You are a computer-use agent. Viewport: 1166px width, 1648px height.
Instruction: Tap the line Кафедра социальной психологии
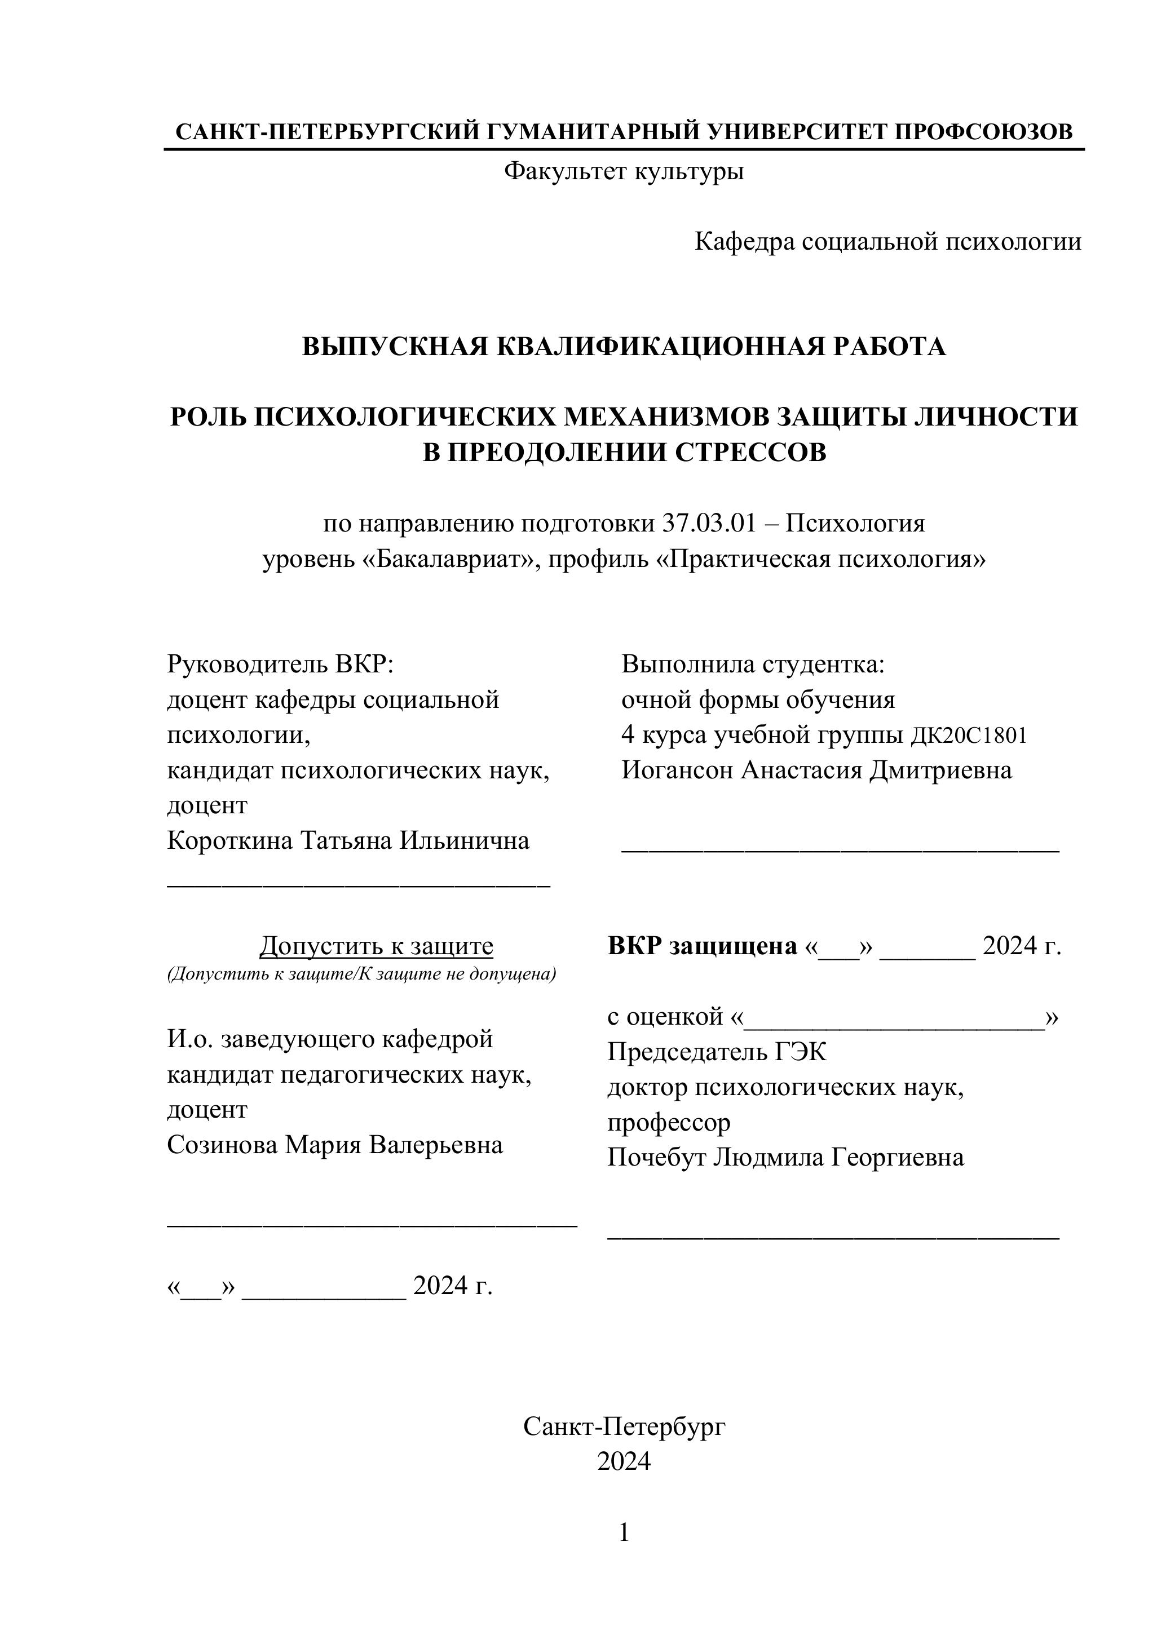(x=887, y=242)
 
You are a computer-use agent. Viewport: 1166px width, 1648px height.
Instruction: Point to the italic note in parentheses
(x=361, y=974)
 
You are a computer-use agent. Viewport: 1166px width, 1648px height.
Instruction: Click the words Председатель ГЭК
(x=717, y=1052)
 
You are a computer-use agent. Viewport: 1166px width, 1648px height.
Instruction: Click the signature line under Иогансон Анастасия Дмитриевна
(x=840, y=850)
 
